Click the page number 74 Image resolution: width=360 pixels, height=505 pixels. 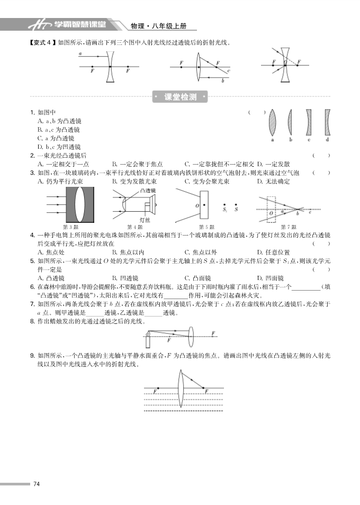[37, 484]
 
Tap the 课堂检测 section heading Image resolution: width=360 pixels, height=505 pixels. [181, 97]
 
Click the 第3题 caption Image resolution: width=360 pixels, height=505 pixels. [70, 227]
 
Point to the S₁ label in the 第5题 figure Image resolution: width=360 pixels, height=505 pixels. [226, 210]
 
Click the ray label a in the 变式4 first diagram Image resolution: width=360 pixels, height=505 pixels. [80, 54]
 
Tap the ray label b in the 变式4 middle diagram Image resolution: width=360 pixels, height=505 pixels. [223, 80]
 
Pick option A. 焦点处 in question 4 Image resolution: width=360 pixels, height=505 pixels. [51, 252]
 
